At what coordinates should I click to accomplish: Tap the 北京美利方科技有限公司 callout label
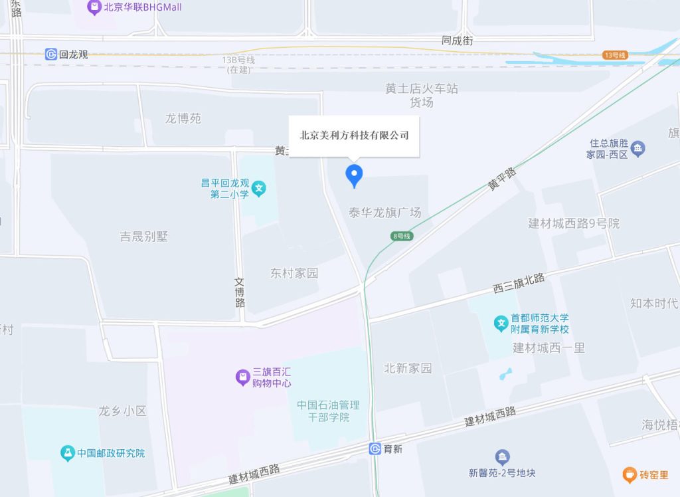tap(354, 136)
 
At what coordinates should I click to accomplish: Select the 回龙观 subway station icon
tap(51, 54)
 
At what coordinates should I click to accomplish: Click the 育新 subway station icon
tap(375, 449)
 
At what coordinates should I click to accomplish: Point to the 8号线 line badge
tap(402, 236)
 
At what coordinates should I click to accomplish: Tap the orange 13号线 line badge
tap(615, 55)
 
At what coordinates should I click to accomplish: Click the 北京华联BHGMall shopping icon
tap(94, 8)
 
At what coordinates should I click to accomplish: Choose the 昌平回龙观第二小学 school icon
tap(259, 189)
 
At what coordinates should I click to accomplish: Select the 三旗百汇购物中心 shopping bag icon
tap(243, 377)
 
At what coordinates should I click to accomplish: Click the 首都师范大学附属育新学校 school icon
tap(501, 324)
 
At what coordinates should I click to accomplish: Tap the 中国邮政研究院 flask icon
tap(67, 453)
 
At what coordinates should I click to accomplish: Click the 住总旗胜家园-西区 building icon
tap(638, 148)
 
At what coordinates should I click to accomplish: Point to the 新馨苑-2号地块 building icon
tap(502, 457)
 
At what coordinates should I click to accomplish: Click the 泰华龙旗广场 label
tap(385, 213)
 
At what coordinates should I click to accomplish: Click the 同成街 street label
tap(458, 41)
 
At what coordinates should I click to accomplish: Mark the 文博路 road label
tap(240, 292)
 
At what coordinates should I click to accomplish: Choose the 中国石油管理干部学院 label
tap(328, 411)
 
